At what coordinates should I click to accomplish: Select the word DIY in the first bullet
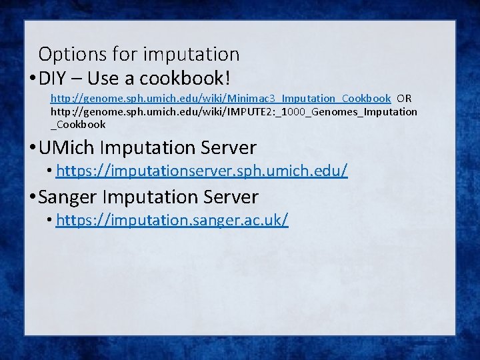(x=53, y=79)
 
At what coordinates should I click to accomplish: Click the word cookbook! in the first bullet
(x=184, y=79)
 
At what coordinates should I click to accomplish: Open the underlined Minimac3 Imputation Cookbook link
(x=221, y=99)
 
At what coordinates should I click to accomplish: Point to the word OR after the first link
(x=404, y=99)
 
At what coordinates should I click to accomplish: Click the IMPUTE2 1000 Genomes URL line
(x=234, y=111)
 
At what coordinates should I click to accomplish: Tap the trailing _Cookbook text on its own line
(x=78, y=124)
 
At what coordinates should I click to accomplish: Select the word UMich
(x=69, y=147)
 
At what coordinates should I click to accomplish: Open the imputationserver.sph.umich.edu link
(x=201, y=171)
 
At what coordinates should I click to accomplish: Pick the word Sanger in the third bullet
(x=70, y=197)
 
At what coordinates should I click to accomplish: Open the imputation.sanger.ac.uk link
(x=172, y=220)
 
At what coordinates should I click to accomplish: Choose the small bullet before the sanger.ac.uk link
(x=51, y=221)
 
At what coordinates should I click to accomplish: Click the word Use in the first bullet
(x=103, y=79)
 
